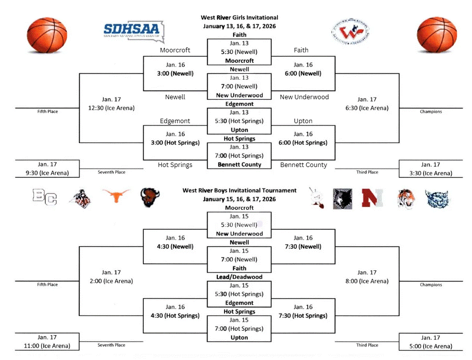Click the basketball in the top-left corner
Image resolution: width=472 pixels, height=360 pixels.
pos(46,35)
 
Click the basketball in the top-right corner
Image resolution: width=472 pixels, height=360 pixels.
pos(437,35)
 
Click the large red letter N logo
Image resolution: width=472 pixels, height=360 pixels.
pos(372,197)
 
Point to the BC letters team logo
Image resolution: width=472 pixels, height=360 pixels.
pos(45,197)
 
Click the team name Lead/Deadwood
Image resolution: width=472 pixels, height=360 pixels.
pos(239,277)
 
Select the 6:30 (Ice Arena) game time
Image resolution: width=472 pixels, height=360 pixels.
pos(367,108)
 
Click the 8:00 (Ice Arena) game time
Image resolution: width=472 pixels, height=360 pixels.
pos(367,281)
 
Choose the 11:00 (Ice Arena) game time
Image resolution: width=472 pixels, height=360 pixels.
pos(48,346)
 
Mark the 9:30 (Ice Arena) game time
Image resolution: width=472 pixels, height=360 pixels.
pos(48,173)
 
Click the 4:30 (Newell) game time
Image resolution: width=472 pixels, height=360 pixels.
pos(175,246)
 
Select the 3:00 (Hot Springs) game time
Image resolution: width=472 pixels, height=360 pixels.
pos(175,143)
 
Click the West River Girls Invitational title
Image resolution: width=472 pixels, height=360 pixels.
pos(239,18)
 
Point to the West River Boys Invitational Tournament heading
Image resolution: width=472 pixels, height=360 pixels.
pos(239,190)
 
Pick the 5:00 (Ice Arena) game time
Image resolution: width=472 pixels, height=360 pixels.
pos(431,346)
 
